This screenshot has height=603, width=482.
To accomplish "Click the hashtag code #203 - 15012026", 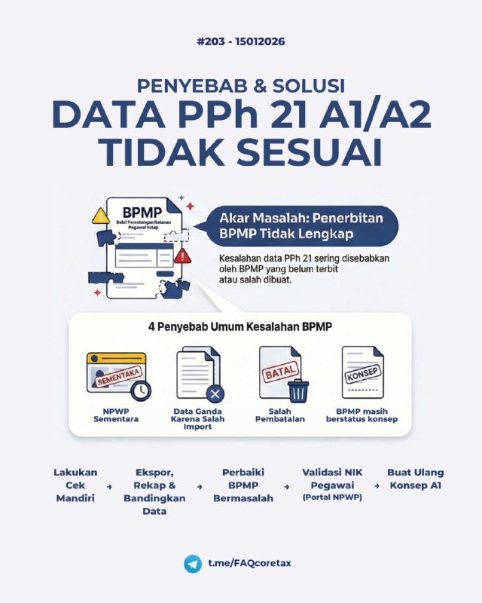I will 240,41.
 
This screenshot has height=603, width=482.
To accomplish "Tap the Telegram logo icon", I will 192,564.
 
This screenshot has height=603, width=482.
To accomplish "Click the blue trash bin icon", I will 298,390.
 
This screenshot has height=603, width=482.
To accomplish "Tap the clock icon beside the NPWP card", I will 140,390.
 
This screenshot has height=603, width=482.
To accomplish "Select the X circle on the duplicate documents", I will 215,393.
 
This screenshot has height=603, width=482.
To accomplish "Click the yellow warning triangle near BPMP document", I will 101,217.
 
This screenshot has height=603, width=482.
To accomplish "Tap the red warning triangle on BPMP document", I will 182,256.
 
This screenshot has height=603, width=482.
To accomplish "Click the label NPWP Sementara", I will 116,414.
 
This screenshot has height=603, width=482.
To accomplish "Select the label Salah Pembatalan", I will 280,414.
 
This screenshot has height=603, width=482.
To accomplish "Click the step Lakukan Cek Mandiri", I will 75,485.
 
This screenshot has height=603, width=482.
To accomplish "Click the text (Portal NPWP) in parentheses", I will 332,498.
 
